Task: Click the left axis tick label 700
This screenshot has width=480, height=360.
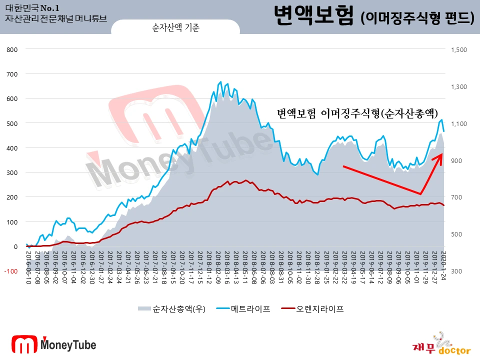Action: tap(12, 74)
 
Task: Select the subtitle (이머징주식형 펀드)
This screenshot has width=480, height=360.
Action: tap(417, 18)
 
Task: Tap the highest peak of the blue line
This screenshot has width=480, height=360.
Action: tap(221, 81)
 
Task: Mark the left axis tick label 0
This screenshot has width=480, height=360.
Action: tap(15, 246)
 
